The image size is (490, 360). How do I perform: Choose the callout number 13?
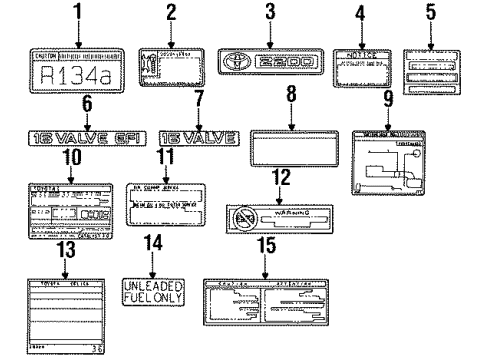coord(65,249)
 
